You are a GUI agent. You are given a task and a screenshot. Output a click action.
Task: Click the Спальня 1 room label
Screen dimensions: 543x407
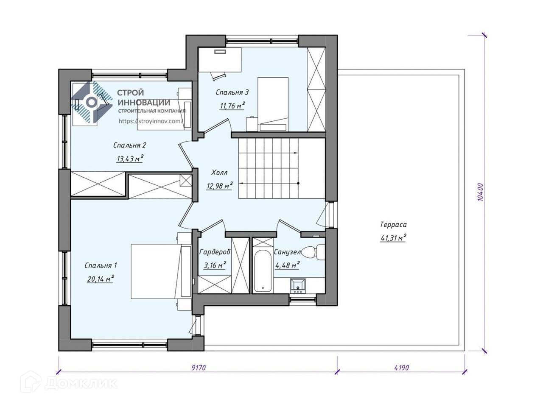coord(101,266)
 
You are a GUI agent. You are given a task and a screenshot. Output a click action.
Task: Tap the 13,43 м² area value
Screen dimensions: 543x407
coord(130,158)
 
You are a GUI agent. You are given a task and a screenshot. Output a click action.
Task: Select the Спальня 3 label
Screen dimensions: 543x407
coord(232,92)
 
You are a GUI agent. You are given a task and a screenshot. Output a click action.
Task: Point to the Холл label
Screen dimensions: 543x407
coord(219,173)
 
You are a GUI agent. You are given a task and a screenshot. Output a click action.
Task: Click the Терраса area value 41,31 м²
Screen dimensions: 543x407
coord(393,238)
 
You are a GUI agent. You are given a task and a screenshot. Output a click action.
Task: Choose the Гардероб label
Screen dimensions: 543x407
coord(215,252)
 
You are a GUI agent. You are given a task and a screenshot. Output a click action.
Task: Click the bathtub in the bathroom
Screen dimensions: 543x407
coord(263,271)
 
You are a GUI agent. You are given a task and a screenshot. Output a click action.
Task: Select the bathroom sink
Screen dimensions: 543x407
coord(298,286)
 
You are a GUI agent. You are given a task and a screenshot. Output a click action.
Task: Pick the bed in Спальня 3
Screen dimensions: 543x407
coord(273,104)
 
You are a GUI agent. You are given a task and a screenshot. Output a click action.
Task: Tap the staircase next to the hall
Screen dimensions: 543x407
coord(282,168)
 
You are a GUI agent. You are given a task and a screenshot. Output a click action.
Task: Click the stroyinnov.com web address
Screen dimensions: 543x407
coord(151,121)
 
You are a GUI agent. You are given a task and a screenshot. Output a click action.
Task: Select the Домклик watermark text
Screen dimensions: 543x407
coord(81,383)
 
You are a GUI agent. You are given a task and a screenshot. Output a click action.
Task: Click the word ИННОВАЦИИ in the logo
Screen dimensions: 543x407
coord(144,102)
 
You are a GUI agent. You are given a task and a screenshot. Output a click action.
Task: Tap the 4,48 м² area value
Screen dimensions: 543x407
coord(287,265)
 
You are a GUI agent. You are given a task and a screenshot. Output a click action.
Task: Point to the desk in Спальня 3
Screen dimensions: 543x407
coord(220,60)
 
